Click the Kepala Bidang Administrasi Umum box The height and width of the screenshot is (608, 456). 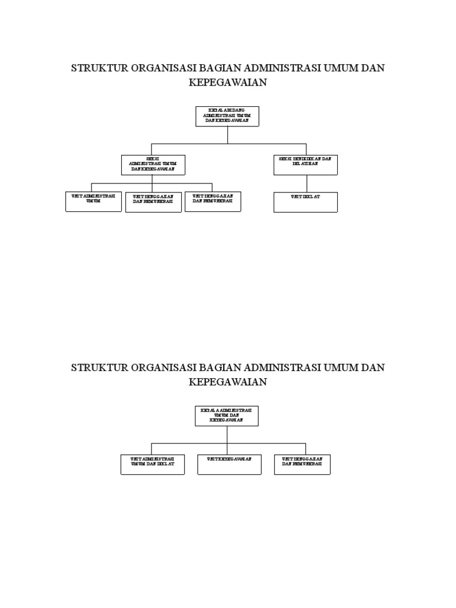point(227,116)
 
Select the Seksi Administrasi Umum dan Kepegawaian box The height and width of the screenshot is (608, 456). point(153,164)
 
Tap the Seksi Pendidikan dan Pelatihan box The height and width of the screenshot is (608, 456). point(306,164)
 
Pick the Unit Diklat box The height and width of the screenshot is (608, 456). point(306,202)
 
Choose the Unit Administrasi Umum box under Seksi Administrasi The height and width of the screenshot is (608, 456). point(93,201)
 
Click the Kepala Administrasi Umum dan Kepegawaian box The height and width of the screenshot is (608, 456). point(227,416)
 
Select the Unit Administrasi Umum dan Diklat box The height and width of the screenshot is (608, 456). point(153,464)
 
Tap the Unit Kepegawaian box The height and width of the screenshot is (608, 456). point(229,464)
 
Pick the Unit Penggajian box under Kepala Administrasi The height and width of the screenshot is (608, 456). point(302,464)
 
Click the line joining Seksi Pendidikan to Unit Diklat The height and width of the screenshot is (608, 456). point(306,183)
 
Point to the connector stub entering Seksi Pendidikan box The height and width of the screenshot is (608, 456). point(306,149)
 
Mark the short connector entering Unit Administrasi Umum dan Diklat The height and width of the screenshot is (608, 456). point(152,449)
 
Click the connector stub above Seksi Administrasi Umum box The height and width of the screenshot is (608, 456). point(152,149)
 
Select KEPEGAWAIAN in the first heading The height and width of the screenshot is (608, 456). point(228,83)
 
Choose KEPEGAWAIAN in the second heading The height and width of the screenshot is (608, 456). point(228,382)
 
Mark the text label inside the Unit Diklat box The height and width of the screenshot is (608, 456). point(305,196)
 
